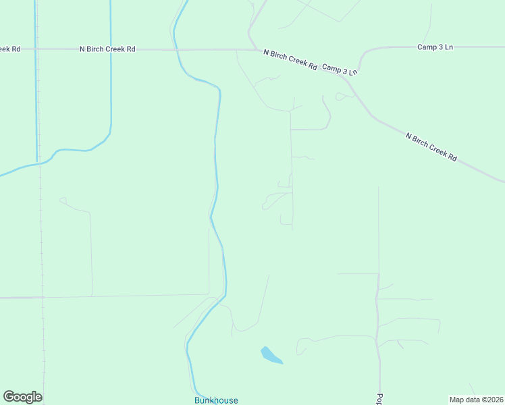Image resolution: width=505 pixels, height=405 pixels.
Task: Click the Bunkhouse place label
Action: tap(216, 400)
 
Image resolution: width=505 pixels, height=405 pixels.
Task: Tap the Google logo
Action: tap(22, 397)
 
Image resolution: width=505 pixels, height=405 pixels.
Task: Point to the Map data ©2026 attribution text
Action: tap(477, 400)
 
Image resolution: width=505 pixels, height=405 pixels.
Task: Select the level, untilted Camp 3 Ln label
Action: tap(435, 47)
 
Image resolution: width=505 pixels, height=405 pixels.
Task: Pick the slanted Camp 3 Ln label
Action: tap(340, 70)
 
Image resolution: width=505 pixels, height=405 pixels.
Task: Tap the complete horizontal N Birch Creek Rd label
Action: tap(107, 49)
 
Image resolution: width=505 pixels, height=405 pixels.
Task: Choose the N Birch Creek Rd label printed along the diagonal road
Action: tap(431, 146)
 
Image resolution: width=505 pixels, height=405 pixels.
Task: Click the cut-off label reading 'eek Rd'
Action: tap(8, 49)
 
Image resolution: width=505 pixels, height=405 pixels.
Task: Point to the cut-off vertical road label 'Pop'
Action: tap(379, 399)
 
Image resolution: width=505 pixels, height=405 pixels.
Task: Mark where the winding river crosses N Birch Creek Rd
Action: tap(176, 49)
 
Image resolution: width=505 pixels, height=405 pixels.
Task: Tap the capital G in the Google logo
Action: tap(9, 397)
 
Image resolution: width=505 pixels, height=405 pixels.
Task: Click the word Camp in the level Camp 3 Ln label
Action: tap(427, 47)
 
